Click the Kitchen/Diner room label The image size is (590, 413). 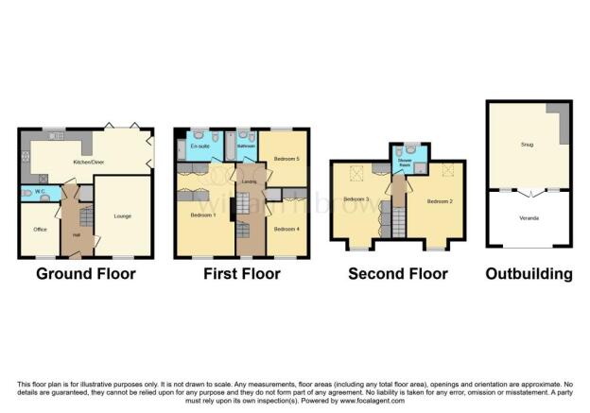[88, 162]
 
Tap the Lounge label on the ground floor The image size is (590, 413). [122, 215]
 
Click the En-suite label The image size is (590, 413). [200, 146]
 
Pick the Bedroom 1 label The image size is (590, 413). [202, 215]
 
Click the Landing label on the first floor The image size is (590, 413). [250, 181]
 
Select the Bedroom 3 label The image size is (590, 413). [356, 199]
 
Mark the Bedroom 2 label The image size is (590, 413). [437, 201]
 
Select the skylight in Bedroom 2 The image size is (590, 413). [447, 169]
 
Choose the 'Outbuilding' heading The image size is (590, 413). [529, 275]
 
